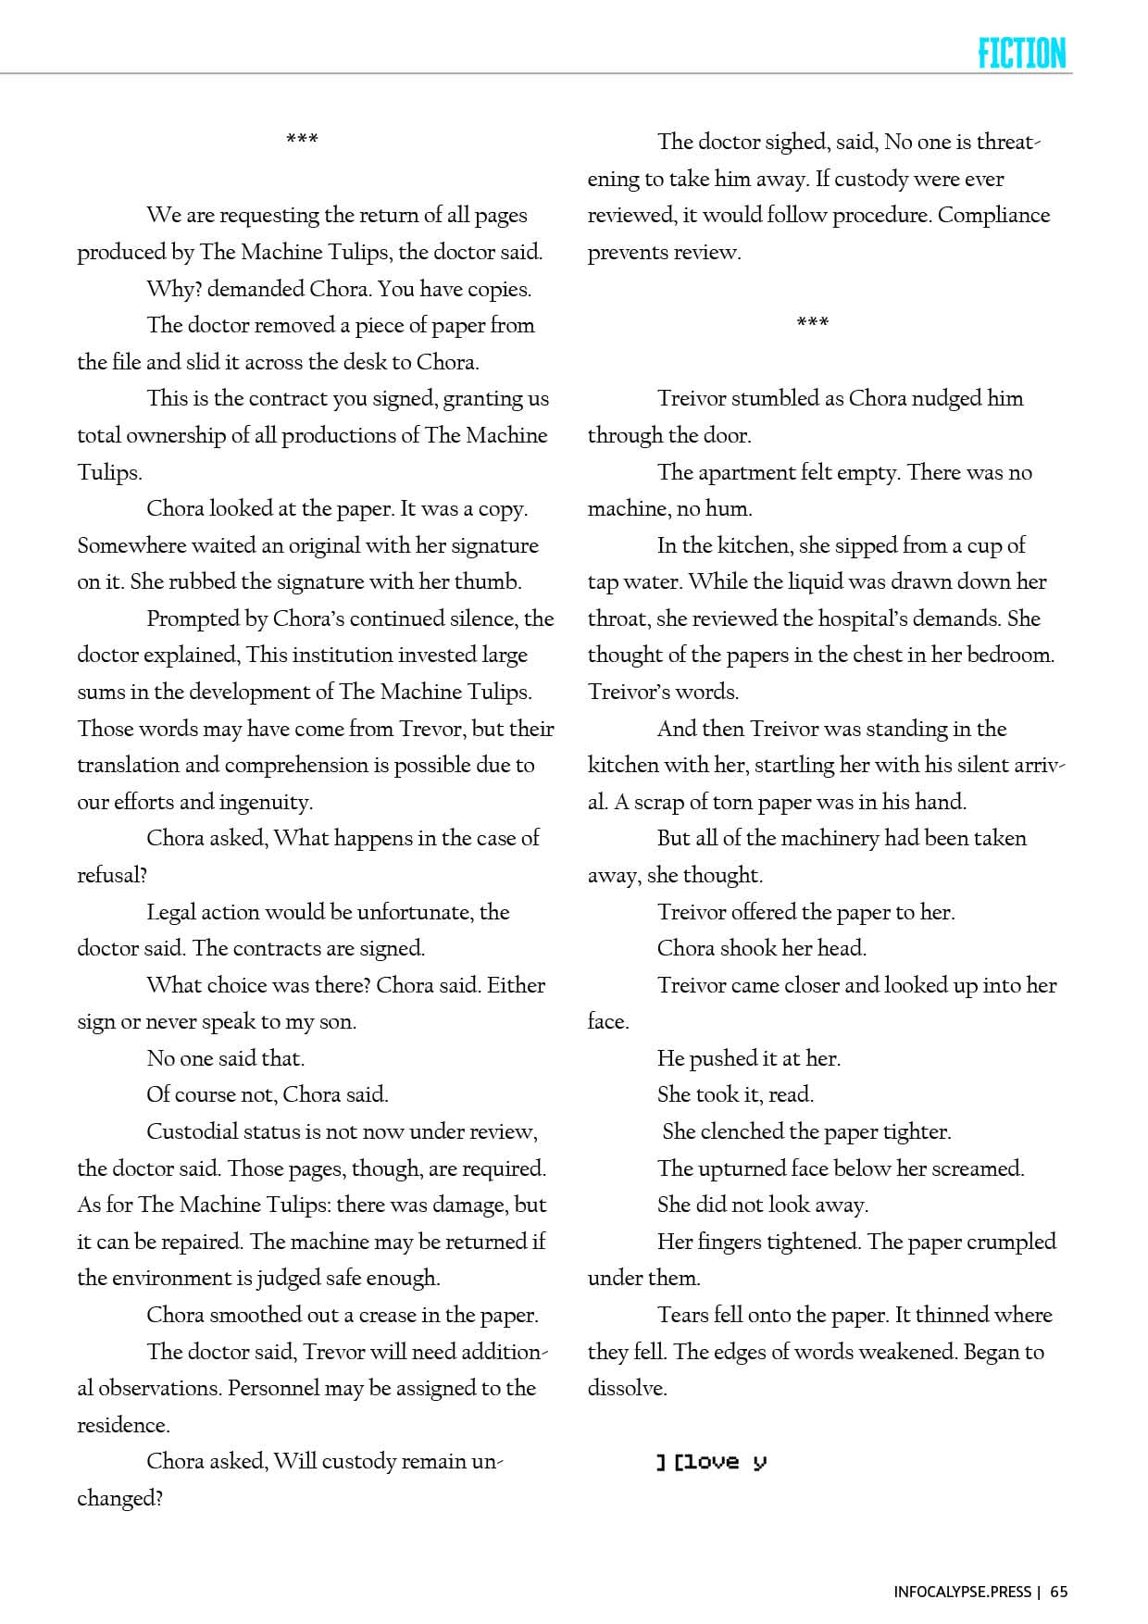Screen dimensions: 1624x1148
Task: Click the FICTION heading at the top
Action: [1021, 54]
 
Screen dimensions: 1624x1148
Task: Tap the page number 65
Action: [1059, 1592]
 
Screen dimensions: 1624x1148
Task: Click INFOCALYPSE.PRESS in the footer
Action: [962, 1592]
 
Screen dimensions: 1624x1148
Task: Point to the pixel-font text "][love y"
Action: [711, 1462]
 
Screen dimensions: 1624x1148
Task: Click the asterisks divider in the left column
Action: [302, 141]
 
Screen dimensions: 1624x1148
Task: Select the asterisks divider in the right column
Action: [812, 323]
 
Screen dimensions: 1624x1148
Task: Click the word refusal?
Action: [112, 875]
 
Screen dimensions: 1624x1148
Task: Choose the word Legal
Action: [170, 912]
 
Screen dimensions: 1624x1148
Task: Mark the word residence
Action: [122, 1425]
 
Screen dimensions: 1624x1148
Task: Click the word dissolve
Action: [626, 1389]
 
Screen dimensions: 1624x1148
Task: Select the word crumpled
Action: [1011, 1243]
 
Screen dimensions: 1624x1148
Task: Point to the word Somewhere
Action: [131, 545]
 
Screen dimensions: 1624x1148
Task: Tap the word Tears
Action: [681, 1315]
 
